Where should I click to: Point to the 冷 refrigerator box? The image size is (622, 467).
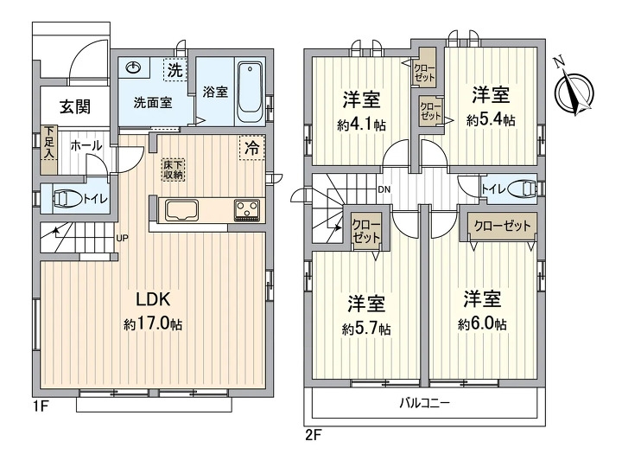pos(251,148)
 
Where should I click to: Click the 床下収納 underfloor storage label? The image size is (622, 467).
pos(173,169)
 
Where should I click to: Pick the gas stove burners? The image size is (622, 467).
pos(247,210)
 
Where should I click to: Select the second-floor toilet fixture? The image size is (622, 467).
pos(521,189)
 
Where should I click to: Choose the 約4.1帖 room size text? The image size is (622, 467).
pos(362,125)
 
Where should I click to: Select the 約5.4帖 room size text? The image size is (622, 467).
pos(491,120)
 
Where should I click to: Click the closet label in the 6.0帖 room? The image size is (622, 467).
pos(502,226)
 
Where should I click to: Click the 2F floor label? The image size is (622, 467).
pos(313,434)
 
